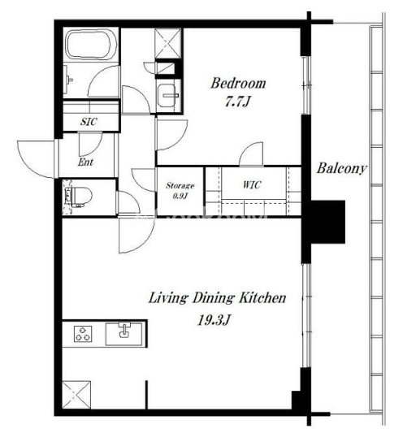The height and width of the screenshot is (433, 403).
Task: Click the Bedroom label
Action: point(238,84)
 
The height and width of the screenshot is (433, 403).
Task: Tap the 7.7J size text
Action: point(237,102)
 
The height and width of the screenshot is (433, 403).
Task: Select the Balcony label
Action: point(342,168)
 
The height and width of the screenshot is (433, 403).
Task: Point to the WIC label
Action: point(252,184)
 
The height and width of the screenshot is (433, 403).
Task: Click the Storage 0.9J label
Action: point(180,191)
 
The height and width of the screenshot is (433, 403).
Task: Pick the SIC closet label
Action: point(89,122)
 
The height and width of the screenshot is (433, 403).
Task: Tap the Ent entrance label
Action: point(85,162)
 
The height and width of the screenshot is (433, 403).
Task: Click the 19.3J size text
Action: point(214,320)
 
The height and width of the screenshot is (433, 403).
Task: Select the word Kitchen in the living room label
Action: point(262,298)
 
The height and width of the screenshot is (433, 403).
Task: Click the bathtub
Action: point(91,45)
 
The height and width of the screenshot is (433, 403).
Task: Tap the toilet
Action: point(79,197)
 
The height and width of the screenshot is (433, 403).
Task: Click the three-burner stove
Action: point(83,334)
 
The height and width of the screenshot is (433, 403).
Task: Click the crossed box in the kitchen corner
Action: point(76,395)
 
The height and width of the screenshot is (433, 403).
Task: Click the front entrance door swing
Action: point(36,159)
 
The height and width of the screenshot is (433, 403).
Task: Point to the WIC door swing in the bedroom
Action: point(251,154)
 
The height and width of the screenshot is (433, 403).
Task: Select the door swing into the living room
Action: point(136,235)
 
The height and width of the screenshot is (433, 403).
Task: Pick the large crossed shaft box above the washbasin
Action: point(168,43)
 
